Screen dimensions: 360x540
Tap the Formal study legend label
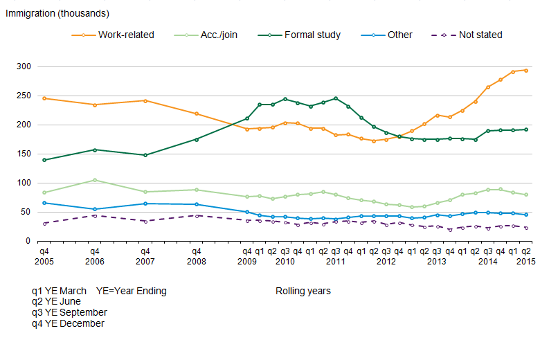312,35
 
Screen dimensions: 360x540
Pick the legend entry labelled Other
400,35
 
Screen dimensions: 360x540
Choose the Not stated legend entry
480,35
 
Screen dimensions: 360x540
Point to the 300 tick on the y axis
24,67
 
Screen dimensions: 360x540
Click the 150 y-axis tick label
24,154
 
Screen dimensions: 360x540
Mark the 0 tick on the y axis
28,242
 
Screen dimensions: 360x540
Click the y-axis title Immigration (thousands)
57,13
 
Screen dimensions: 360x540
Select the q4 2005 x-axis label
44,257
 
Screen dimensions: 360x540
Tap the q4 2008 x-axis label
197,257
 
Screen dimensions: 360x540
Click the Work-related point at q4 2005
44,98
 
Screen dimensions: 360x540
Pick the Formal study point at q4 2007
145,155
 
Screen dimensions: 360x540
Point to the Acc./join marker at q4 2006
95,180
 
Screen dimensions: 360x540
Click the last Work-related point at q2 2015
526,71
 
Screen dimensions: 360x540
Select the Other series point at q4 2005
44,203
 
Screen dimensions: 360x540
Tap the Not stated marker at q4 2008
197,216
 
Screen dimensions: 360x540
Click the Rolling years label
303,291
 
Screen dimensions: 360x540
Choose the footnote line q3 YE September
75,312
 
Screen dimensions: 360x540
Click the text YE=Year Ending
132,291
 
